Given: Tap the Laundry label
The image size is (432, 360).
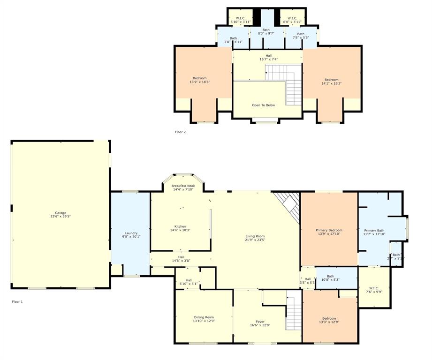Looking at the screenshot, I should [x=131, y=234].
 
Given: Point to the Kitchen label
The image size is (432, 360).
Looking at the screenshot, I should [x=181, y=228].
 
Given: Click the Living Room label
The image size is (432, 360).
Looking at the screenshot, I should [x=255, y=238].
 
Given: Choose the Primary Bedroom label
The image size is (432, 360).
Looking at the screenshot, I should [x=329, y=232].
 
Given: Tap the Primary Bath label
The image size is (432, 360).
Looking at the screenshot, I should [x=374, y=232].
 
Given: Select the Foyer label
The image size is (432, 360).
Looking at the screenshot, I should [x=260, y=323].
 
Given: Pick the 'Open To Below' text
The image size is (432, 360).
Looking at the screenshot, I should [x=264, y=105].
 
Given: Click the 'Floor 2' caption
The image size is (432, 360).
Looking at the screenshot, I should [x=180, y=132].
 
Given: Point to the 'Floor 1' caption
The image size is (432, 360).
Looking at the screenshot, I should [x=17, y=302].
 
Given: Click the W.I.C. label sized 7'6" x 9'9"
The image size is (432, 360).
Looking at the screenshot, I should [x=374, y=290].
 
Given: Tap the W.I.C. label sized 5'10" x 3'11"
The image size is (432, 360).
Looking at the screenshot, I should [x=241, y=20].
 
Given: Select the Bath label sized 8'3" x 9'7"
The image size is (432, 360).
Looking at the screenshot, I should [x=266, y=32].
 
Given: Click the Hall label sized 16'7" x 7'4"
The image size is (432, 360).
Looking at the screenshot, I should [x=268, y=57].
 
